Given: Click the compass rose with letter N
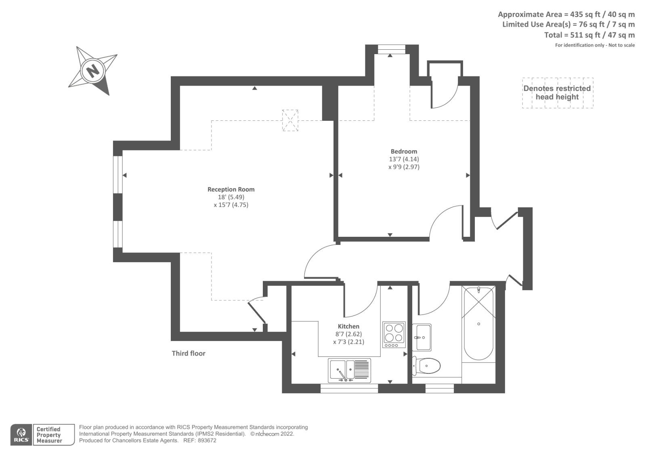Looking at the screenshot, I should coord(94,71).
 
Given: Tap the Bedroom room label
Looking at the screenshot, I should coord(404,152).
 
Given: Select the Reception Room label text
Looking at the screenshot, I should coord(231,189).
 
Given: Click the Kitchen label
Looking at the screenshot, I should coord(348,326).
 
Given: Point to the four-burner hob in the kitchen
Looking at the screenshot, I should coord(394,334).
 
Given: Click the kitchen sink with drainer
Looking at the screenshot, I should coord(350,371).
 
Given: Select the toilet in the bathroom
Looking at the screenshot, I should coord(427,366).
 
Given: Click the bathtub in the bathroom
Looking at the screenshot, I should coord(478,323).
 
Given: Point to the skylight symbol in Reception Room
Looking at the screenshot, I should coord(290,120).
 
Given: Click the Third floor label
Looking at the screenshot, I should coord(189,353).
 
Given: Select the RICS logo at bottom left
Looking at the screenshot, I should coord(21,435).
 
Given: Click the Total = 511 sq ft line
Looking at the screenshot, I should coord(589,35).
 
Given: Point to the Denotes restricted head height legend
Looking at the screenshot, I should coord(557,93).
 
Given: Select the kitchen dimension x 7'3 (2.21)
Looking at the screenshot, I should coord(348,341).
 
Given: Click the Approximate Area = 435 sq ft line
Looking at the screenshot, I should coord(566,14).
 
